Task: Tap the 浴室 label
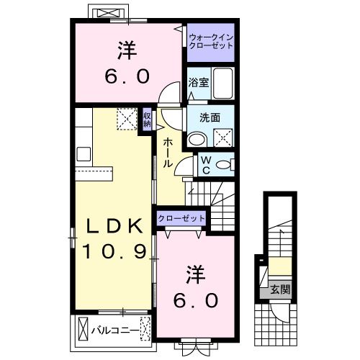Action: [198, 83]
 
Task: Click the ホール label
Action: [167, 153]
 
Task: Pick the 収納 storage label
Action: [146, 119]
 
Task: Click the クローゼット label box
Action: [181, 217]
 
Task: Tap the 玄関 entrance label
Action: [280, 290]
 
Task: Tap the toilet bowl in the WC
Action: [224, 165]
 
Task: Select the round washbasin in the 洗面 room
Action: [196, 139]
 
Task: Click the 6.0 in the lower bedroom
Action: [194, 297]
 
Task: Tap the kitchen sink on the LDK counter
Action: [81, 153]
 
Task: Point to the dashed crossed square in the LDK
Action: [127, 118]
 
